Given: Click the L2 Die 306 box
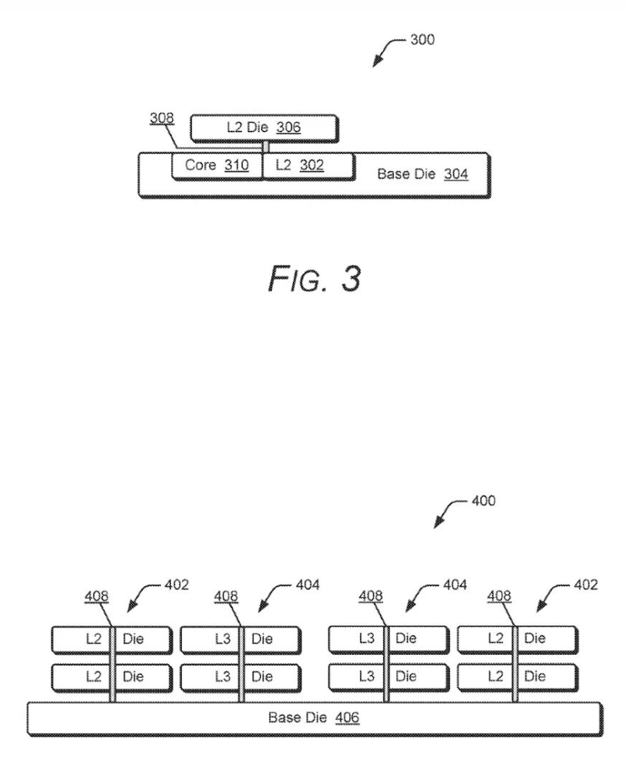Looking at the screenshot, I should coord(264,128).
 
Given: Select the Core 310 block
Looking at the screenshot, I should coord(217,166).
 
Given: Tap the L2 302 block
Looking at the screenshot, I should coord(309,166).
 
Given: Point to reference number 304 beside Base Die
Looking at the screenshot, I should coord(456,174).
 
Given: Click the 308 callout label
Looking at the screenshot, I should coord(162,119).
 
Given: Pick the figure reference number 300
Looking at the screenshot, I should coord(422,40).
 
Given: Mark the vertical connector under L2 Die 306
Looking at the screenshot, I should coord(265,147).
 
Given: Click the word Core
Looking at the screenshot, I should coord(200,166).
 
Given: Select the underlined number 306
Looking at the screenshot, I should coord(288,128).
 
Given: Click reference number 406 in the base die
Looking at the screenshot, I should coord(347,717).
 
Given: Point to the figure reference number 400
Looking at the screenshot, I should coord(483,501).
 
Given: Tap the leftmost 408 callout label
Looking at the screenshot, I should coord(96,596).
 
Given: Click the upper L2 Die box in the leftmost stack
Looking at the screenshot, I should coord(111,639).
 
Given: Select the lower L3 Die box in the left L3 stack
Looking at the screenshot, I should coord(240,676).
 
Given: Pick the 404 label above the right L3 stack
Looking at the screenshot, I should coord(455,585).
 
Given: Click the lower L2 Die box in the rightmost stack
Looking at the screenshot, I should coord(517,676).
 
